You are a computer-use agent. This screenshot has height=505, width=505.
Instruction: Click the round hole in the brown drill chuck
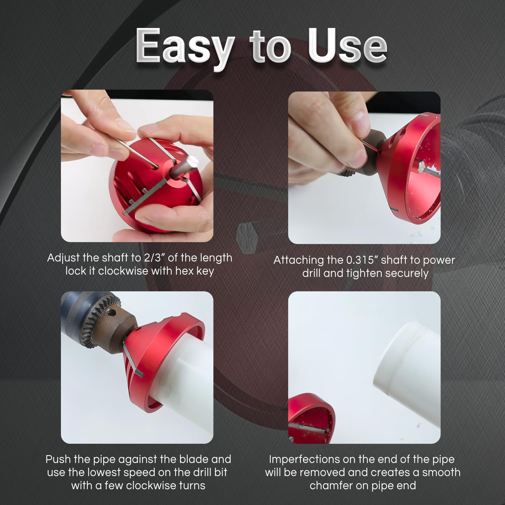pyautogui.click(x=111, y=313)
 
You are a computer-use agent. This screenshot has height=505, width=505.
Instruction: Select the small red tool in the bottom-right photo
pyautogui.click(x=311, y=417)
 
